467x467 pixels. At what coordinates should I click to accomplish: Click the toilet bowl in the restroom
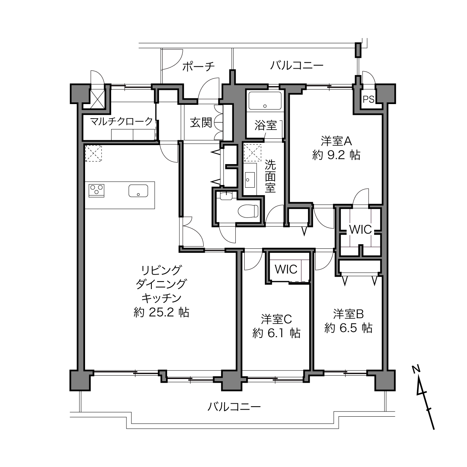click(248, 211)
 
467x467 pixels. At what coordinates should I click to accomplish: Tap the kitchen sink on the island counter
click(138, 191)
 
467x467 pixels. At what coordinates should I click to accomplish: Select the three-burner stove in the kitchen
click(97, 191)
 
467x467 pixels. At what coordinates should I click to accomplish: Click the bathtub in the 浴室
click(265, 101)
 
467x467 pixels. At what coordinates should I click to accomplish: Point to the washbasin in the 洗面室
click(250, 180)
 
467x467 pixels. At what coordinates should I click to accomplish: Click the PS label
click(369, 99)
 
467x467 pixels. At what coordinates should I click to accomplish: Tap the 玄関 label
click(201, 123)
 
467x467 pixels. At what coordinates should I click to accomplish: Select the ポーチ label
click(198, 66)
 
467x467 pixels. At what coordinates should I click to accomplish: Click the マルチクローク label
click(121, 121)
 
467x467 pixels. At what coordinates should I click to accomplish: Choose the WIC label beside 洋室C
click(286, 269)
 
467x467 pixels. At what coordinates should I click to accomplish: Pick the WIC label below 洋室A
click(360, 229)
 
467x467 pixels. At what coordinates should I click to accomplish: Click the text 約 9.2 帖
click(336, 155)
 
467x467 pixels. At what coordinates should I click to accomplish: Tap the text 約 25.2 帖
click(162, 312)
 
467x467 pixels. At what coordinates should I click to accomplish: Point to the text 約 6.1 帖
click(276, 333)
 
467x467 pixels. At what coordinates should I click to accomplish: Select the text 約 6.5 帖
click(348, 328)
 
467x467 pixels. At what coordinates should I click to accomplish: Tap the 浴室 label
click(266, 126)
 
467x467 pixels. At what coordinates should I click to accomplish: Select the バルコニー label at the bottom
click(234, 407)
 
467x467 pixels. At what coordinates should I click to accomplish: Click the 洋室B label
click(348, 314)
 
